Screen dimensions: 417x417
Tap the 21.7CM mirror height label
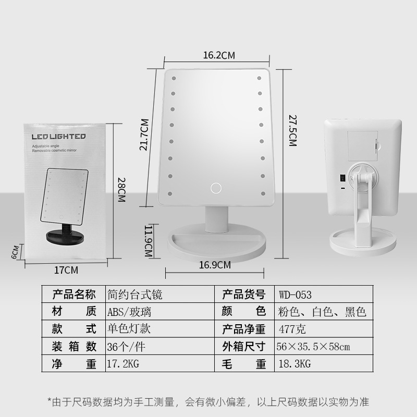(144, 135)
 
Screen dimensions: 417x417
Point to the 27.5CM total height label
(292, 132)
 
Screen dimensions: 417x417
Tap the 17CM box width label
(66, 270)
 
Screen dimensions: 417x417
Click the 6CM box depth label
(17, 251)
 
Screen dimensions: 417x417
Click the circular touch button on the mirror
(215, 187)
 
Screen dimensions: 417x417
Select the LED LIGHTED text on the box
(58, 137)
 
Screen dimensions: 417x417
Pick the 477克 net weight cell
(291, 329)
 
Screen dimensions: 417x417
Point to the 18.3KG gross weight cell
(295, 364)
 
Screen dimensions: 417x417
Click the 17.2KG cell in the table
(124, 364)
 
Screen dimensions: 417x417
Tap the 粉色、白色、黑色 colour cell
(323, 312)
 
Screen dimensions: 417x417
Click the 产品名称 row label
(74, 295)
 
